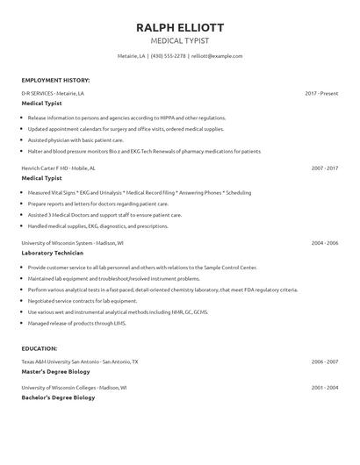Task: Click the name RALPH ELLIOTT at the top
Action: pos(179,25)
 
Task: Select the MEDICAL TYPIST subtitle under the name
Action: pos(179,40)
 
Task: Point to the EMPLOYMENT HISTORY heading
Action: pos(55,80)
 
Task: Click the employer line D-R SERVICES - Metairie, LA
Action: pos(53,92)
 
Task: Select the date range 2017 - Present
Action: pos(321,92)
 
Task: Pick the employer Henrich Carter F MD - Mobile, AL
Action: pos(59,167)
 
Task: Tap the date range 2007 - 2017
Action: pos(324,167)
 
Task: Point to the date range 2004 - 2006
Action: pos(324,242)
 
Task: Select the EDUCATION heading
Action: pos(40,348)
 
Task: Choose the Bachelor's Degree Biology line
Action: pos(58,397)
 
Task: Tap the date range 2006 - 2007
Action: pos(324,361)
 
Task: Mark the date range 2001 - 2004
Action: pos(324,386)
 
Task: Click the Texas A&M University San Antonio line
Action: pos(79,361)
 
